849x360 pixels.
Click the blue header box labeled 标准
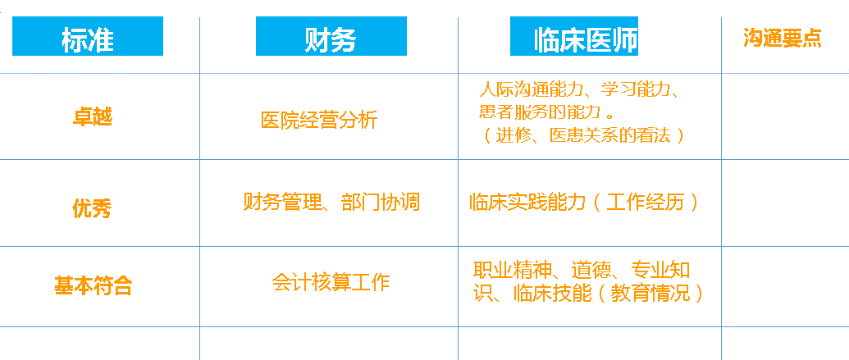(88, 36)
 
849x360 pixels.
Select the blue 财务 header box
(331, 36)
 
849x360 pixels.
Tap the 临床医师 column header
(574, 36)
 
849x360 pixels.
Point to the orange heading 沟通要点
(783, 38)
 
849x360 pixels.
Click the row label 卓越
(93, 116)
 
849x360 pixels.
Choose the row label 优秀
(92, 208)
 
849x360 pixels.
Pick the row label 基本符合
(94, 285)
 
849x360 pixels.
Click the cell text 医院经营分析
(319, 121)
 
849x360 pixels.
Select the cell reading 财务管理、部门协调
(331, 203)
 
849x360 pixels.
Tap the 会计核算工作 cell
(331, 282)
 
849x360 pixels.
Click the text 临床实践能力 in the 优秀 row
(528, 203)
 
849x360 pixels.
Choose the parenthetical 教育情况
(650, 294)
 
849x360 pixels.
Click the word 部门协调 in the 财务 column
(381, 203)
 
